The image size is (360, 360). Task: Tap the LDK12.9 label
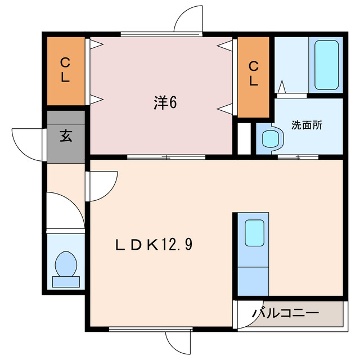(155, 245)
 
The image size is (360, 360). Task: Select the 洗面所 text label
(307, 125)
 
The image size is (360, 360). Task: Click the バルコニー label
(285, 313)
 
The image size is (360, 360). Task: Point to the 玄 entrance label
(65, 136)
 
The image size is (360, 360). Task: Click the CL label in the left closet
(65, 70)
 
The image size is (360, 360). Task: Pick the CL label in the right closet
(254, 74)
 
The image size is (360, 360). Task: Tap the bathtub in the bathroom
(326, 65)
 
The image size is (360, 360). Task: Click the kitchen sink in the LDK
(254, 232)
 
